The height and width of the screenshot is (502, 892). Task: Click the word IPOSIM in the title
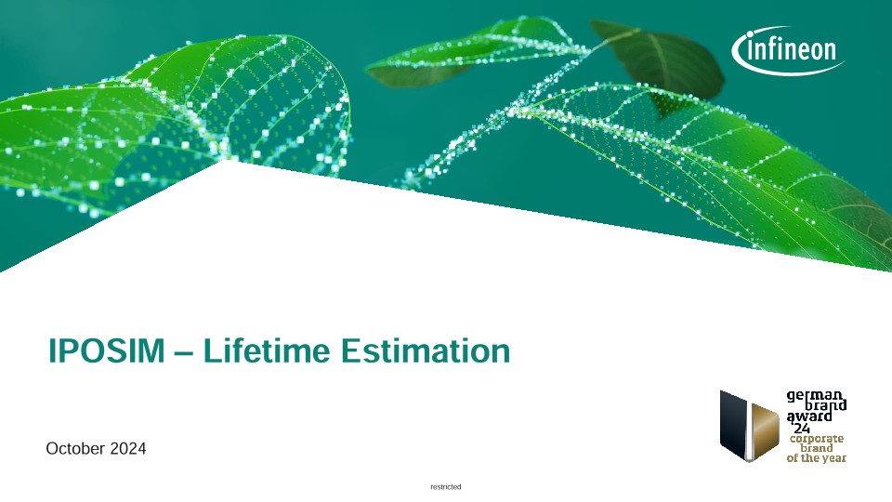point(106,350)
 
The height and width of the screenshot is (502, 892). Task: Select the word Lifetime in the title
point(267,350)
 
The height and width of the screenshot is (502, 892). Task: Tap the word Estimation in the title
point(426,350)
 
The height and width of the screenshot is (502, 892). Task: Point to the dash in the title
point(184,353)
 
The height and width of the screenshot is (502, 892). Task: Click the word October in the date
point(75,448)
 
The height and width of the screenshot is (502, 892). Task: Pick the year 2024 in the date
point(128,448)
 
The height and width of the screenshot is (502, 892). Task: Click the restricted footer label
point(446,486)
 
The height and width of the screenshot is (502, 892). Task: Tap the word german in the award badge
point(814,396)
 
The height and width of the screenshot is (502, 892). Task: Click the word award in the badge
point(809,416)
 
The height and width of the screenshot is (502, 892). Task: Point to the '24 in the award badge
point(802,428)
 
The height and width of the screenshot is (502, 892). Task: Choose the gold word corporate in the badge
point(817,438)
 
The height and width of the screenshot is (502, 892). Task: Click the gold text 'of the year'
point(817,457)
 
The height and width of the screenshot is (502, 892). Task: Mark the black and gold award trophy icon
point(749,426)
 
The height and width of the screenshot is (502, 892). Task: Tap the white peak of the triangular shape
point(229,161)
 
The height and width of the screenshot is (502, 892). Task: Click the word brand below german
point(825,406)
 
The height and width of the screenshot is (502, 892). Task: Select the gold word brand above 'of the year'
point(817,448)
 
